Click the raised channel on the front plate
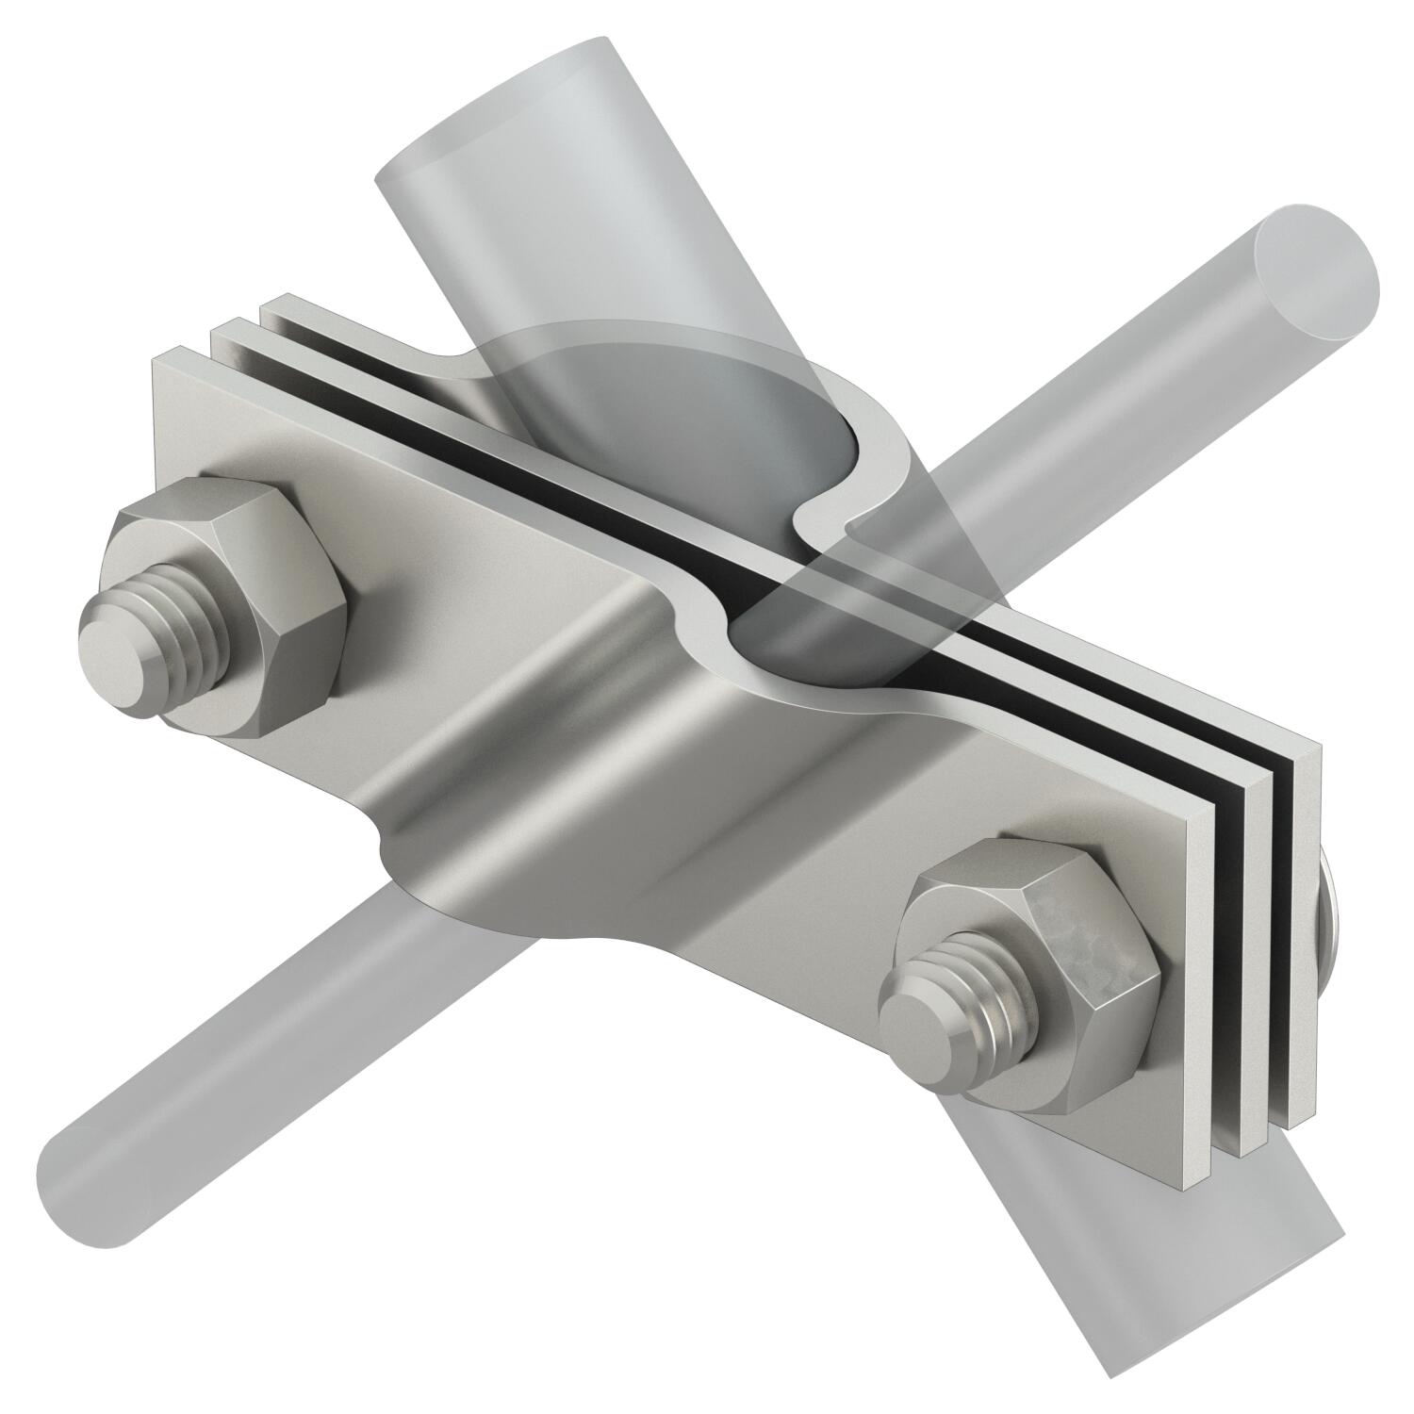tap(566, 716)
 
